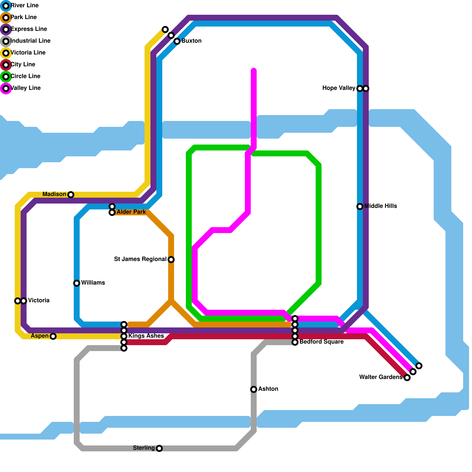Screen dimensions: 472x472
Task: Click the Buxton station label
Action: (191, 41)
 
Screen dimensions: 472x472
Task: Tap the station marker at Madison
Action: (71, 195)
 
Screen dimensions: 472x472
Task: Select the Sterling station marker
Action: (159, 448)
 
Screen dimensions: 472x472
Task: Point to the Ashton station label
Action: (268, 389)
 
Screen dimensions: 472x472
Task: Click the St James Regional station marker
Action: (171, 260)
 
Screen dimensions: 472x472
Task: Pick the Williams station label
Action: (93, 283)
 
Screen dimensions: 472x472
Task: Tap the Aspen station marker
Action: (53, 336)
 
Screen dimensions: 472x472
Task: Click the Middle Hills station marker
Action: (360, 206)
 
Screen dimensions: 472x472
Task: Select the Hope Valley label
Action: (339, 88)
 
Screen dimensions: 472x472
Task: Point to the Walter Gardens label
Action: (381, 377)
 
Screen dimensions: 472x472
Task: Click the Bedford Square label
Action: (321, 342)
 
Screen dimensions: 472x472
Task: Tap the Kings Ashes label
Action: (146, 336)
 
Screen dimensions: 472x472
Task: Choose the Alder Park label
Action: (131, 212)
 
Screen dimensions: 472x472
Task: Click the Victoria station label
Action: (39, 301)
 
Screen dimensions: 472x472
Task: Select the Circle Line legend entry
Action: (25, 76)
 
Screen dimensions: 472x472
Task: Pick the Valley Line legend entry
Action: (25, 88)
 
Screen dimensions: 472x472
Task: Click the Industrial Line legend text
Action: (30, 41)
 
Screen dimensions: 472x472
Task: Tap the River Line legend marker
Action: (6, 6)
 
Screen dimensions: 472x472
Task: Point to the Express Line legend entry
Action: (29, 29)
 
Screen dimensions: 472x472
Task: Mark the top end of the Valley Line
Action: (254, 70)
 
